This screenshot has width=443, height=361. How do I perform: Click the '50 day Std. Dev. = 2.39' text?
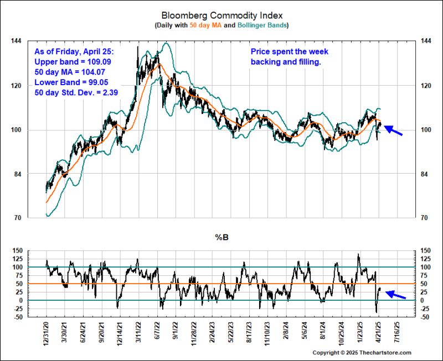pyautogui.click(x=76, y=92)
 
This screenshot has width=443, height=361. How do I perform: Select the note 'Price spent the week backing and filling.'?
pyautogui.click(x=289, y=56)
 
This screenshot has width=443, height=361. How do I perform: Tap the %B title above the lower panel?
pyautogui.click(x=221, y=239)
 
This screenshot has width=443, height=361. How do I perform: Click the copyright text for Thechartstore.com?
pyautogui.click(x=362, y=353)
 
